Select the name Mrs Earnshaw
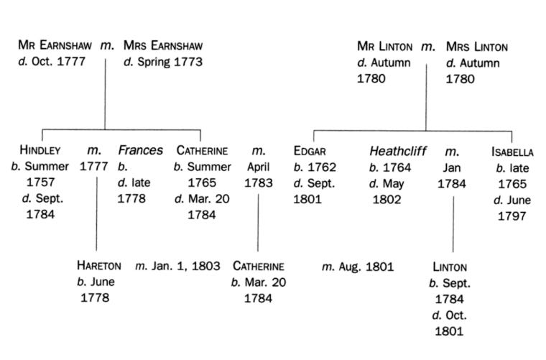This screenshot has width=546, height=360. click(165, 46)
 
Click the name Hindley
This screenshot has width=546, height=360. click(40, 151)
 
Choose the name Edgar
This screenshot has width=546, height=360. click(310, 151)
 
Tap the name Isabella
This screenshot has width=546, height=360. click(512, 152)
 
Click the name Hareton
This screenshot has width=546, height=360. click(98, 266)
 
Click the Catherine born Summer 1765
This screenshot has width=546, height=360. click(202, 151)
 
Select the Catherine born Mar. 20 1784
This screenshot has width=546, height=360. click(259, 266)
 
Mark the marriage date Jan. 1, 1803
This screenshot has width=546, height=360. click(177, 267)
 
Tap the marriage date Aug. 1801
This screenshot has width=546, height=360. click(358, 267)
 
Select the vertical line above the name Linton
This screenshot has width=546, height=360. click(453, 223)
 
